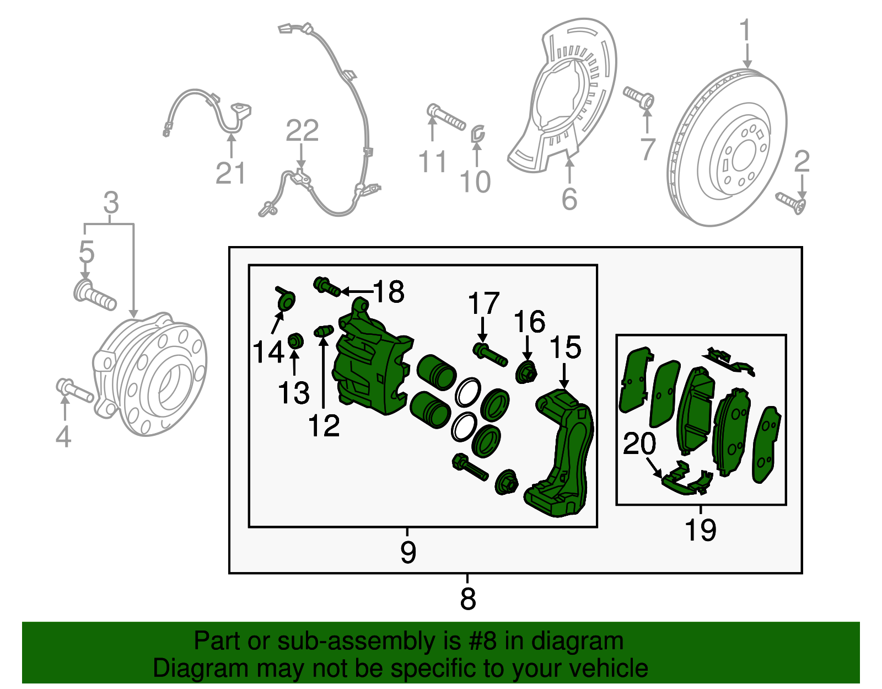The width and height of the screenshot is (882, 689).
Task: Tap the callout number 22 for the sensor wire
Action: [x=302, y=131]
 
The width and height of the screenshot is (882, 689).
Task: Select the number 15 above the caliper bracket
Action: [x=565, y=348]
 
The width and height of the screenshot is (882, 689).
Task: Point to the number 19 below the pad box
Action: [x=700, y=530]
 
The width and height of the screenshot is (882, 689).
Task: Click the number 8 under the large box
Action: [x=467, y=598]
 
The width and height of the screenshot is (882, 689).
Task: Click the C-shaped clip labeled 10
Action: [x=477, y=133]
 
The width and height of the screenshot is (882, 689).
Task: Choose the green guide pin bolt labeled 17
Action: [x=490, y=354]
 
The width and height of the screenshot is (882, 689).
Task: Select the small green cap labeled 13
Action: [x=296, y=341]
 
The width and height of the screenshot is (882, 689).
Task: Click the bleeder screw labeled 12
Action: [x=324, y=331]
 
